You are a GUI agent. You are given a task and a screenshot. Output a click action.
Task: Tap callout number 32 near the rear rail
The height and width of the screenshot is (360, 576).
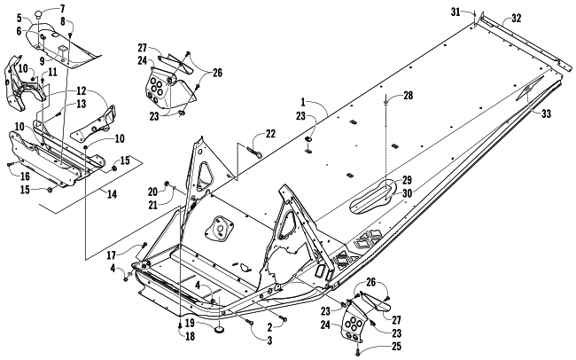pyautogui.click(x=516, y=18)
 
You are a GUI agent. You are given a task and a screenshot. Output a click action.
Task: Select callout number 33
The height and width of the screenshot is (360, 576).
pyautogui.click(x=546, y=114)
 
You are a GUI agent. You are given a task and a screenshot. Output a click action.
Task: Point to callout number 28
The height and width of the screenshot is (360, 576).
pyautogui.click(x=409, y=96)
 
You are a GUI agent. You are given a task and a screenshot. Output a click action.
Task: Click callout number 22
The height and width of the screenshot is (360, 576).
pyautogui.click(x=270, y=134)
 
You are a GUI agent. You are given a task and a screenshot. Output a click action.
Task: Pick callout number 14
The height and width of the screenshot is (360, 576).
pyautogui.click(x=112, y=193)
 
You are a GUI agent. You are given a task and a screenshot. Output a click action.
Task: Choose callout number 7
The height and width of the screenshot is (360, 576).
pyautogui.click(x=61, y=8)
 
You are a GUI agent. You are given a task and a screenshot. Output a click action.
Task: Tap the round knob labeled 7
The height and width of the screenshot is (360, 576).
pyautogui.click(x=39, y=15)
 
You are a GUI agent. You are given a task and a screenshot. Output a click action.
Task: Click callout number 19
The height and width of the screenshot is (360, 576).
pyautogui.click(x=190, y=324)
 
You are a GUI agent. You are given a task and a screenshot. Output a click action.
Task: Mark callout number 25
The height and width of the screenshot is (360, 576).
pyautogui.click(x=396, y=347)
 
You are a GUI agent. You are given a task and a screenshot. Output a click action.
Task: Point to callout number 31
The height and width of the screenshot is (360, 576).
pyautogui.click(x=455, y=12)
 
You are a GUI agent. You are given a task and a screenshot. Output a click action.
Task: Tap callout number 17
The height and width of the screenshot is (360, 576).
pyautogui.click(x=112, y=254)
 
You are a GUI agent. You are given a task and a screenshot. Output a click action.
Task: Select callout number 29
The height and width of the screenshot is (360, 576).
pyautogui.click(x=407, y=180)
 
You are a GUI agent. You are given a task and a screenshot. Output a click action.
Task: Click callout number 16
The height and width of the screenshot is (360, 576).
pyautogui.click(x=25, y=176)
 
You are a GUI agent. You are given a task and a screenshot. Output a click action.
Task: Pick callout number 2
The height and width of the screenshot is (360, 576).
pyautogui.click(x=269, y=327)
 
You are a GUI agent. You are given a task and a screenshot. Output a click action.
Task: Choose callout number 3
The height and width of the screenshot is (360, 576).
pyautogui.click(x=269, y=340)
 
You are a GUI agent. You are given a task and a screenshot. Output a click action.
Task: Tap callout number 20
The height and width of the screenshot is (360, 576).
pyautogui.click(x=152, y=192)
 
